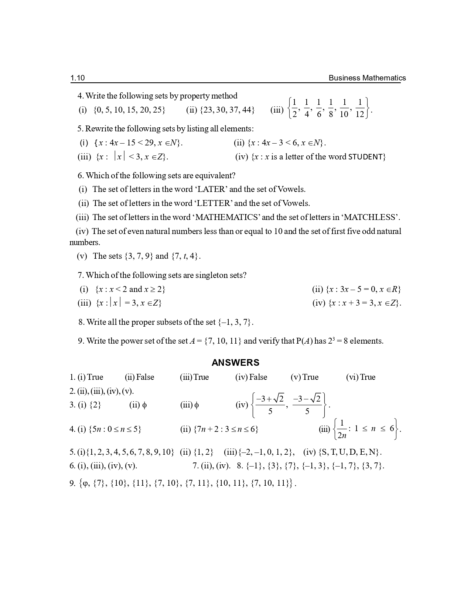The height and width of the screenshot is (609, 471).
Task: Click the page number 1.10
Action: click(x=78, y=78)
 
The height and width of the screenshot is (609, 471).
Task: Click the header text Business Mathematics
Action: click(x=367, y=78)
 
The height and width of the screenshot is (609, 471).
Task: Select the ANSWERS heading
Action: click(x=235, y=363)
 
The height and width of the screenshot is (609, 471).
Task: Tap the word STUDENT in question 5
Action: click(x=365, y=157)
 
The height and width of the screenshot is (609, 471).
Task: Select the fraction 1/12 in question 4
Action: click(x=360, y=108)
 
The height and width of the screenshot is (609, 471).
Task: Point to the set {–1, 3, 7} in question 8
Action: click(x=235, y=322)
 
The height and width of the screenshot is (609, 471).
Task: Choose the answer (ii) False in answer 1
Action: click(x=140, y=377)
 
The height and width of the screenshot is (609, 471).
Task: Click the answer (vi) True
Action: click(x=361, y=377)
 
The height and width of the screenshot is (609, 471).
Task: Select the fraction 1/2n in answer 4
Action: click(x=342, y=429)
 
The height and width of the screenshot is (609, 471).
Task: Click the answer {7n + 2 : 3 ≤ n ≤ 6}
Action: click(x=225, y=429)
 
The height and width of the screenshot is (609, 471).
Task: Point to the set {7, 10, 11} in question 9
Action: click(x=223, y=341)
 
